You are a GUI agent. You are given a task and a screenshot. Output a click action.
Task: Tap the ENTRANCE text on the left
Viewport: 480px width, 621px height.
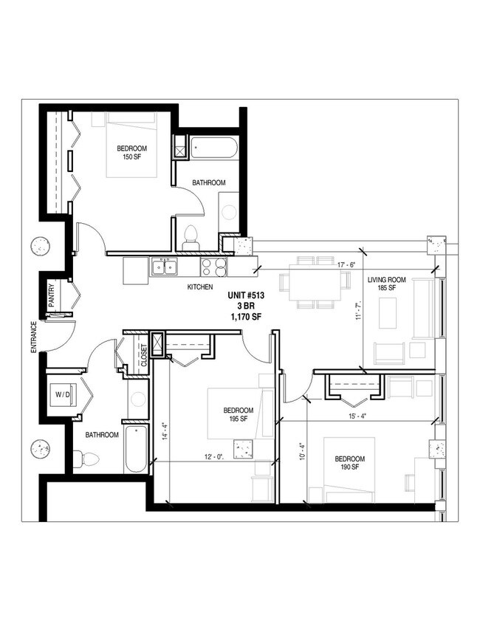[x=34, y=337]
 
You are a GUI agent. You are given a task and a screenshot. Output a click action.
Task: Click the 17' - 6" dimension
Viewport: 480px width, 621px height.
[x=347, y=265]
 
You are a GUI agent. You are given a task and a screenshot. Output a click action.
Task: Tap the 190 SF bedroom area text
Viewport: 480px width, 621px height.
[x=348, y=467]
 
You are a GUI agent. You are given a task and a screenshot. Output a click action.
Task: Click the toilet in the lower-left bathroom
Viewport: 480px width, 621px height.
[x=87, y=459]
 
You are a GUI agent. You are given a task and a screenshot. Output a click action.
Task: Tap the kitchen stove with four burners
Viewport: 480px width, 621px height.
[x=213, y=266]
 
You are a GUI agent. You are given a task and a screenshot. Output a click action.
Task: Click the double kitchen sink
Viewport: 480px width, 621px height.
[x=165, y=266]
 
